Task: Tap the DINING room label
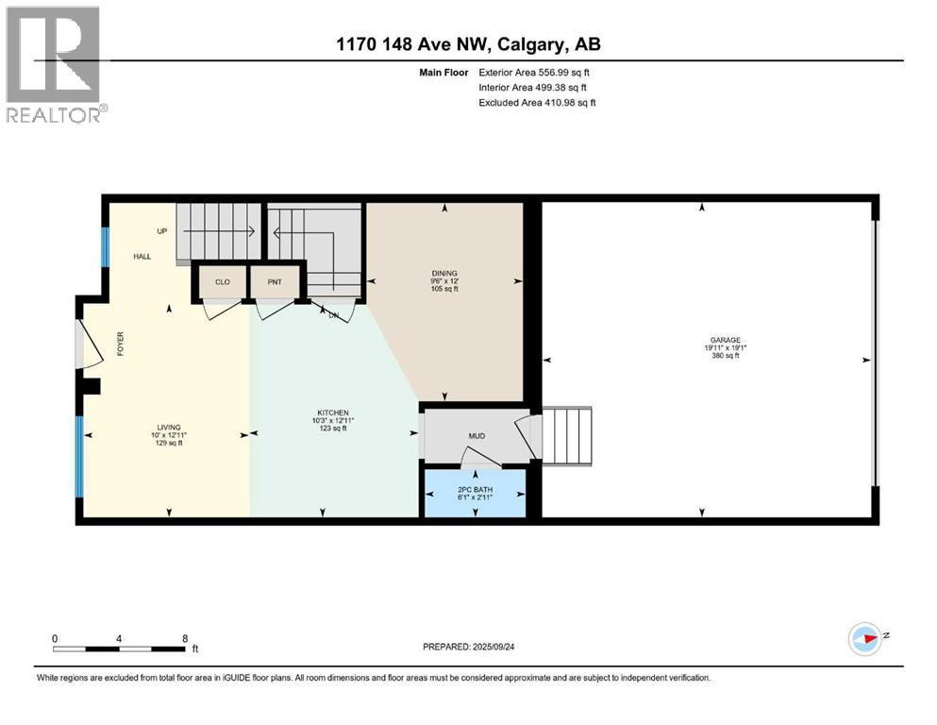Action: click(443, 274)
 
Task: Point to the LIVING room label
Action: click(170, 427)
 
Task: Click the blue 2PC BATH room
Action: click(475, 493)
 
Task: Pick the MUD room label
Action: click(477, 436)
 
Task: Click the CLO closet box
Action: click(222, 281)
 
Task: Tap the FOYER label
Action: click(121, 342)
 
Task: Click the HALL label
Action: click(141, 256)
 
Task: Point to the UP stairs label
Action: click(162, 229)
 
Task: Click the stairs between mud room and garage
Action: click(567, 435)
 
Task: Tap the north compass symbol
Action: click(864, 639)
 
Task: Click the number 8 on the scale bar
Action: click(183, 638)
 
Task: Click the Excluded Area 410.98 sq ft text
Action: click(538, 102)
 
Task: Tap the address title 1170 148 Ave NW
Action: click(468, 44)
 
